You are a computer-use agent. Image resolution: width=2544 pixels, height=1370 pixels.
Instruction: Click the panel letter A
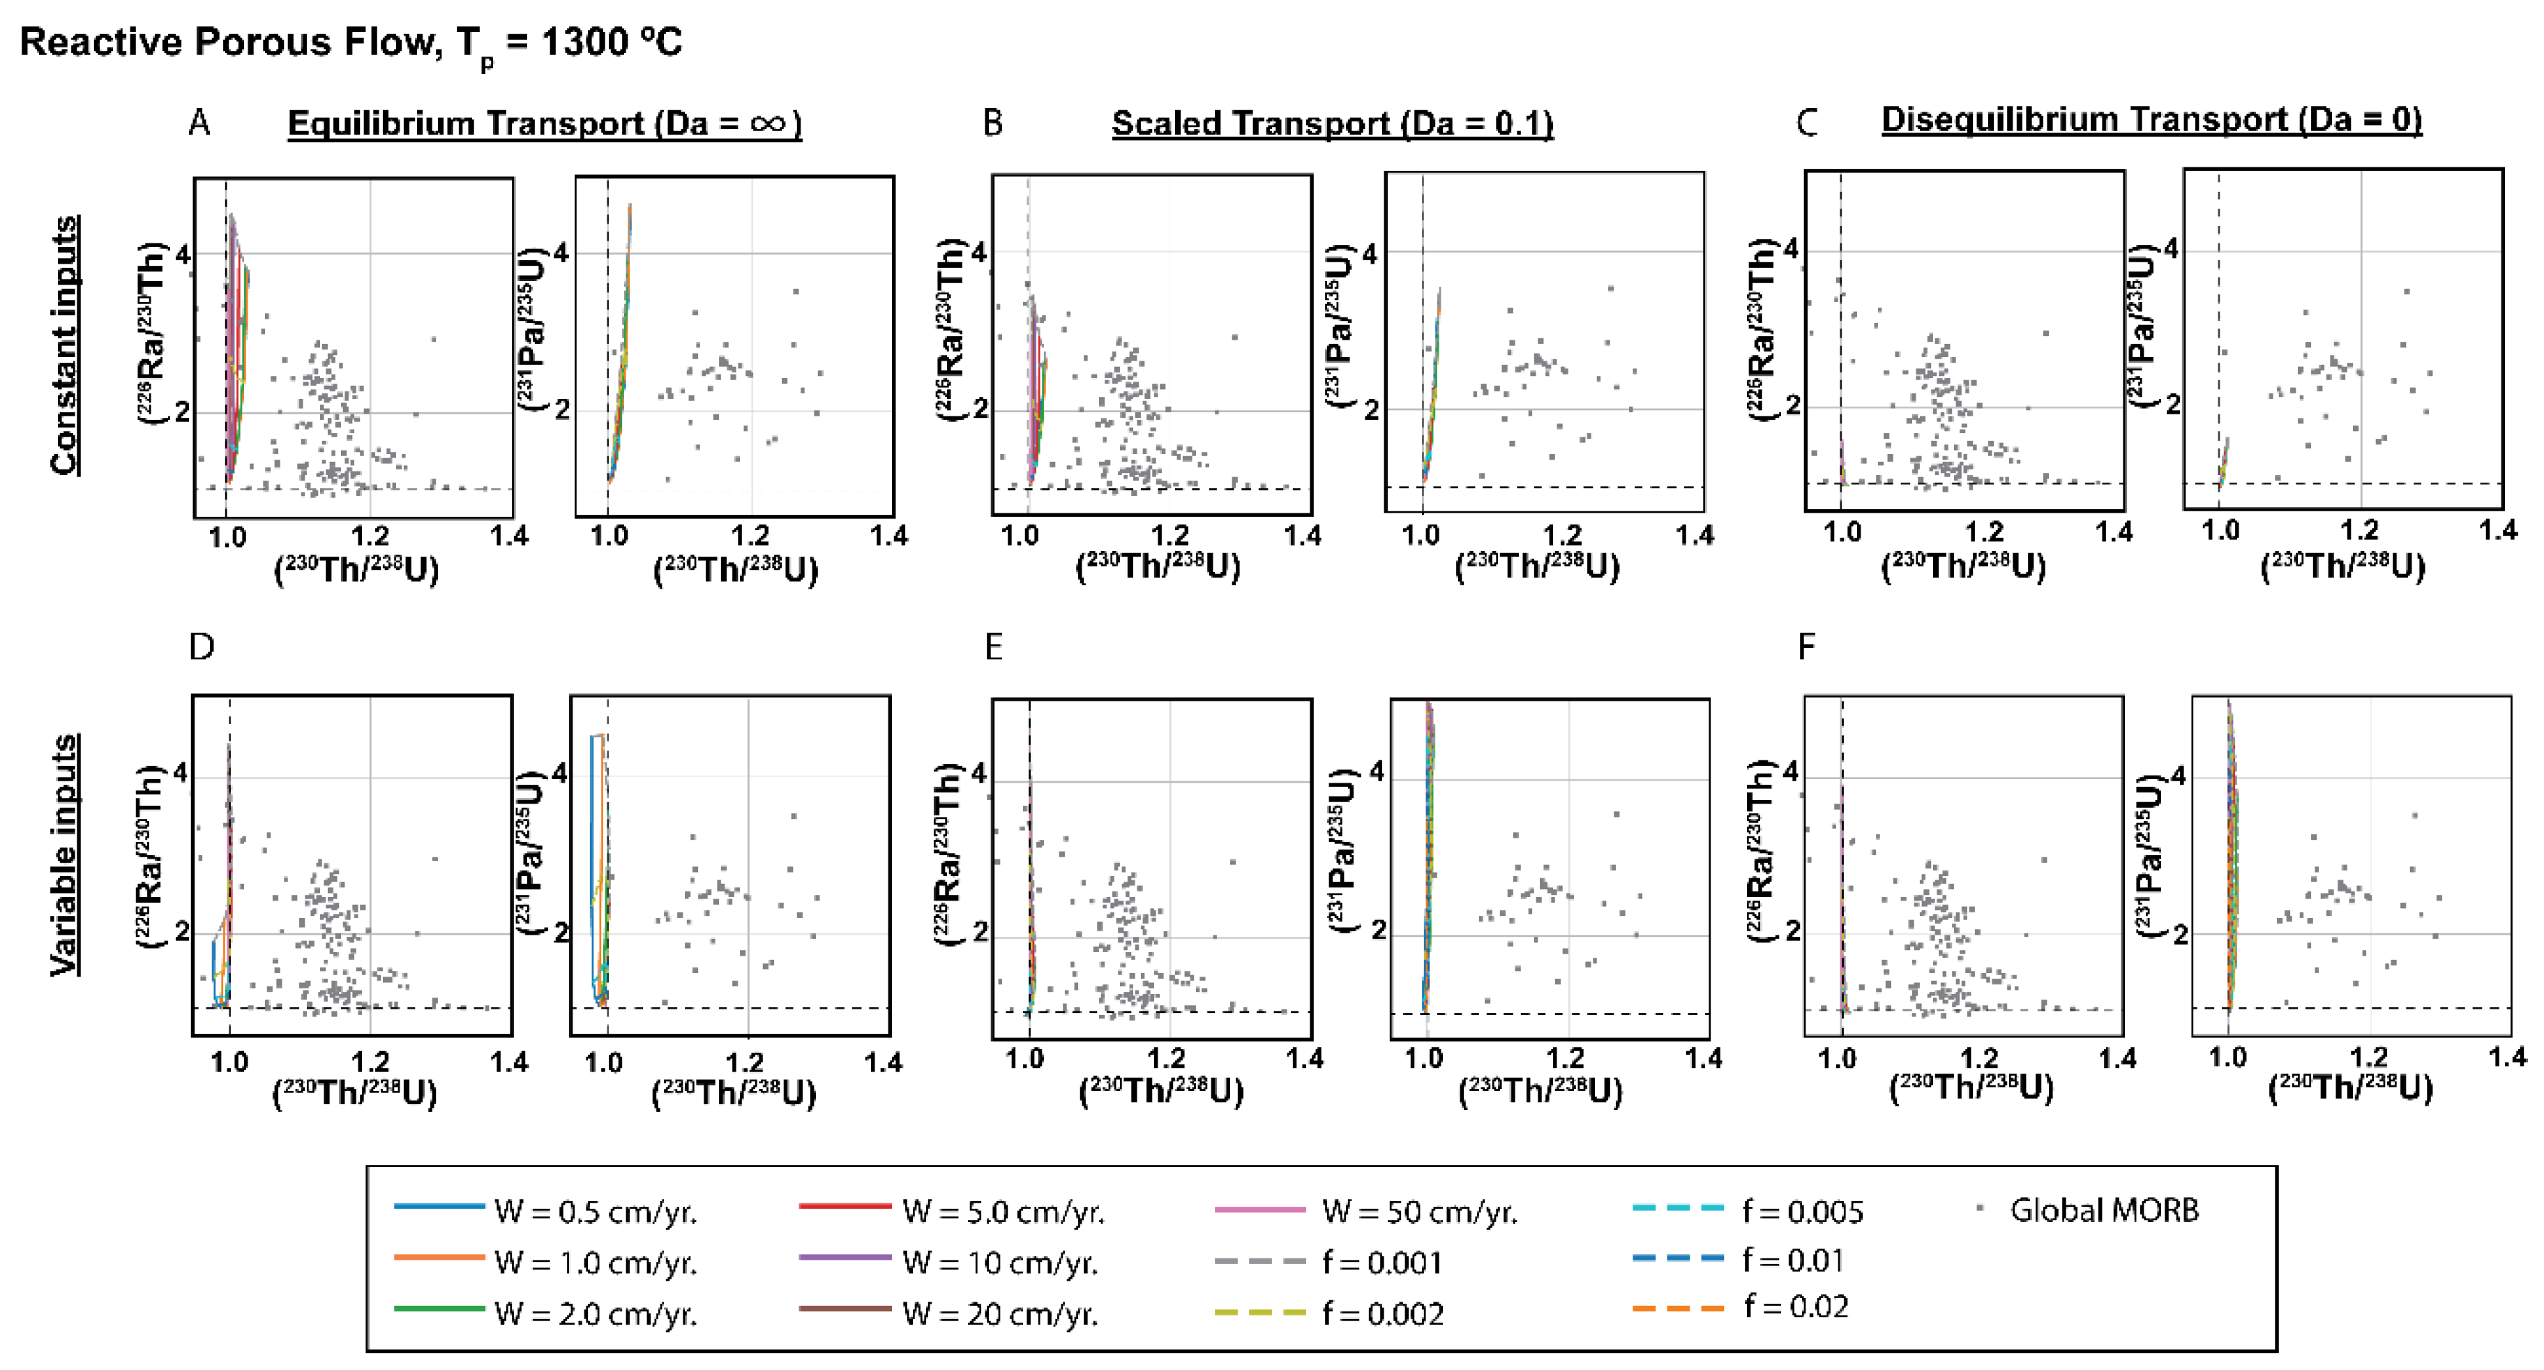tap(199, 123)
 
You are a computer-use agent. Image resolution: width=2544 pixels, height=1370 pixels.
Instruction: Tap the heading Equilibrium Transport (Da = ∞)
tap(544, 123)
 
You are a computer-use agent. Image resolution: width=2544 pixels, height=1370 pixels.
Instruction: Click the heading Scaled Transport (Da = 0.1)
tap(1332, 123)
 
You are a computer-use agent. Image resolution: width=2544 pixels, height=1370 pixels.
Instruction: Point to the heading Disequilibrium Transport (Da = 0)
tap(2151, 119)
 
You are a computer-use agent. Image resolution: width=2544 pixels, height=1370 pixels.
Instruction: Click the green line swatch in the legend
tap(439, 1309)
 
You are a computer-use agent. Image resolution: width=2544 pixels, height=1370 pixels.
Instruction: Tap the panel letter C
tap(1806, 123)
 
